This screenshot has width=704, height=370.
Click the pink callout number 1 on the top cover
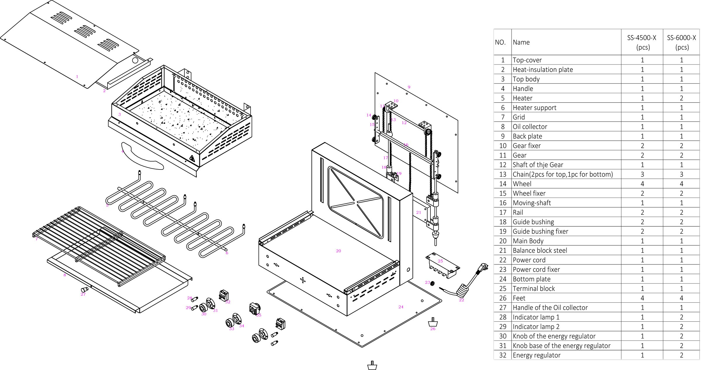(77, 77)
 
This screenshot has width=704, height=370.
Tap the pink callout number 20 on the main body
(338, 251)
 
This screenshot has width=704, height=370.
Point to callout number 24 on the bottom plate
(401, 307)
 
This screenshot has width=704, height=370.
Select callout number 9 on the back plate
(409, 87)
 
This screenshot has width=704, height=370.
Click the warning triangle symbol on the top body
(192, 158)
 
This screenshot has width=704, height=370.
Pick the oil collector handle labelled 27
(84, 289)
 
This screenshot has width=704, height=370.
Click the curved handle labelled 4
(142, 156)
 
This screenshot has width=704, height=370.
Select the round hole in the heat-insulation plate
(135, 61)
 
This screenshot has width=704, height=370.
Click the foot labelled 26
(433, 322)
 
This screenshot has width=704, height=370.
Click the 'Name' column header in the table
(521, 42)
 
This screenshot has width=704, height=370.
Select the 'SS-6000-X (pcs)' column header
(681, 42)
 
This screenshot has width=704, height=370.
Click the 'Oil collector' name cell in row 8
(530, 127)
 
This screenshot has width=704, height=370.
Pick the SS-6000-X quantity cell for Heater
(681, 98)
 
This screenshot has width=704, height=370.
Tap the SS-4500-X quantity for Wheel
(642, 184)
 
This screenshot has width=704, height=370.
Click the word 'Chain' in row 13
(520, 174)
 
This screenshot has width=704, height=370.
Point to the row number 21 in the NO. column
(503, 251)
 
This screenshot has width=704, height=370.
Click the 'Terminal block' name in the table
(534, 289)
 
